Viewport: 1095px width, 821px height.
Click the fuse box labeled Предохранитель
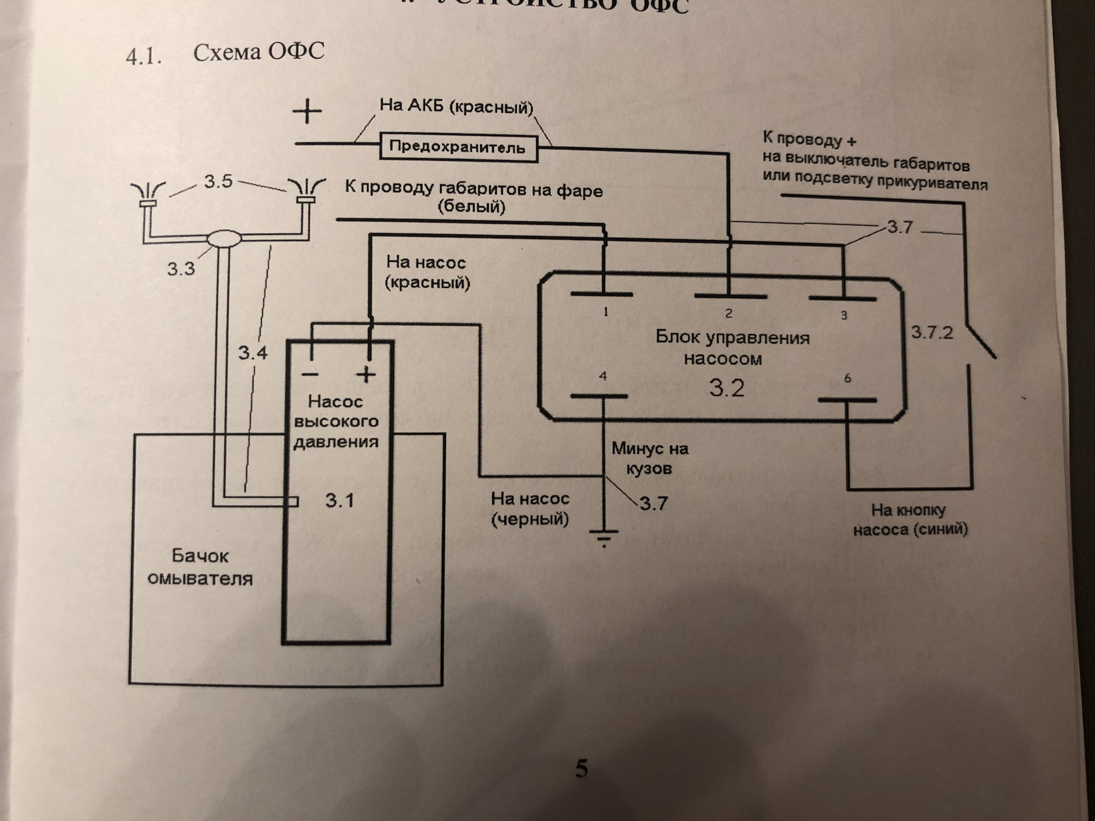pyautogui.click(x=458, y=148)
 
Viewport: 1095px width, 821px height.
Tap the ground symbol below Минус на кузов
pyautogui.click(x=603, y=537)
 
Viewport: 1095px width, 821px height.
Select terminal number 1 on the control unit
pyautogui.click(x=602, y=295)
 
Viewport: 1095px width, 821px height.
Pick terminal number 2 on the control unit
pyautogui.click(x=729, y=297)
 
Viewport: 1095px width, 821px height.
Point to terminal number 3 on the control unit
pyautogui.click(x=842, y=299)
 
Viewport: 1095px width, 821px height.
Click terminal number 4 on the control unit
pyautogui.click(x=599, y=396)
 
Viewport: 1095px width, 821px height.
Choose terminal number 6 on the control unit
pyautogui.click(x=847, y=400)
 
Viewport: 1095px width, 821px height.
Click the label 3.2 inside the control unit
pyautogui.click(x=727, y=388)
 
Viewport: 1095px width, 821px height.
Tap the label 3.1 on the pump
pyautogui.click(x=339, y=501)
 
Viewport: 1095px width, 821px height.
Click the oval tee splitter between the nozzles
pyautogui.click(x=224, y=238)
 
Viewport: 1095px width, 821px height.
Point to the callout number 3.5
pyautogui.click(x=218, y=182)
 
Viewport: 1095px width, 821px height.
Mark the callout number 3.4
pyautogui.click(x=253, y=353)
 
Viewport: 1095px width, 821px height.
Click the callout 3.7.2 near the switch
pyautogui.click(x=932, y=332)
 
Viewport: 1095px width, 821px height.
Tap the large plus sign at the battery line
pyautogui.click(x=307, y=111)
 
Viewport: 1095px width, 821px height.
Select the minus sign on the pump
pyautogui.click(x=310, y=375)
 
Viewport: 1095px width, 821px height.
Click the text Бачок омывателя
pyautogui.click(x=200, y=567)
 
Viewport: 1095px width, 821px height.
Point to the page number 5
pyautogui.click(x=581, y=769)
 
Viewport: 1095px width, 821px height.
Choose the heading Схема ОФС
pyautogui.click(x=259, y=52)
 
